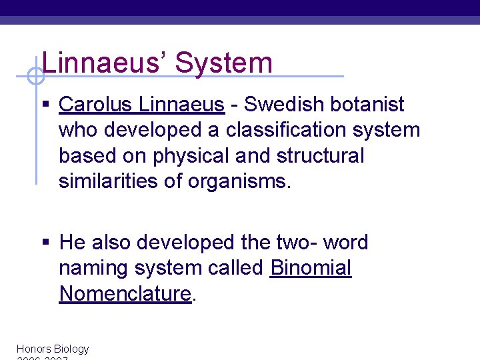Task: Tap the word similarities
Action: pyautogui.click(x=105, y=181)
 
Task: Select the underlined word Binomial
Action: pyautogui.click(x=311, y=268)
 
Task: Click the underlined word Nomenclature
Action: pyautogui.click(x=125, y=293)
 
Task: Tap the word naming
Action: pyautogui.click(x=94, y=268)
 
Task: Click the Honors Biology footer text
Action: pyautogui.click(x=52, y=349)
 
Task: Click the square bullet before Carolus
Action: pyautogui.click(x=45, y=105)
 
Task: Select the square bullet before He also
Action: pyautogui.click(x=45, y=243)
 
